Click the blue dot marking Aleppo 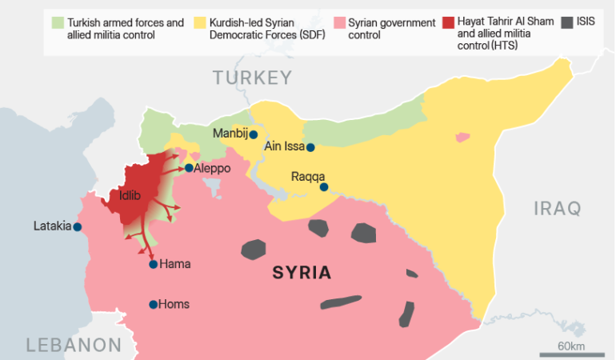tap(188, 168)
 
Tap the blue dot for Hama tap(153, 264)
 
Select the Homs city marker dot tap(153, 304)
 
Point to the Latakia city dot tap(78, 227)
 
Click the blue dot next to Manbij tap(253, 134)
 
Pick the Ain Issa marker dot tap(310, 147)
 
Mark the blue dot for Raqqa tap(324, 187)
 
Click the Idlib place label tap(130, 195)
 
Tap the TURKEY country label tap(252, 78)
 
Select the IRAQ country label tap(557, 209)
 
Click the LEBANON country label tap(73, 346)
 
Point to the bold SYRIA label tap(302, 273)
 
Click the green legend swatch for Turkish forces tap(57, 22)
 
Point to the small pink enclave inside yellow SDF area tap(462, 138)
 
